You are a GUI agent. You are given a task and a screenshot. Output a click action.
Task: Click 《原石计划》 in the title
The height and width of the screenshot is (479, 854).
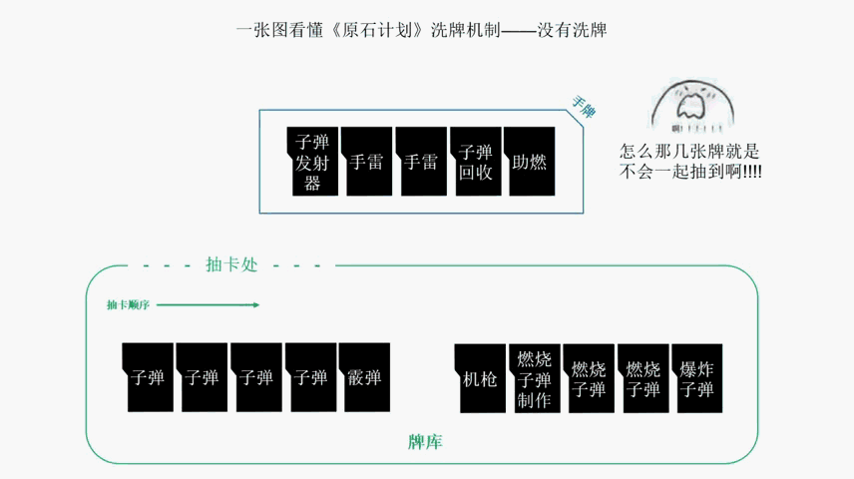[x=377, y=30]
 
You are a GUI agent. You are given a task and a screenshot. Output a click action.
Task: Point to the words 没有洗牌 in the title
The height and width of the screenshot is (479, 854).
[x=572, y=30]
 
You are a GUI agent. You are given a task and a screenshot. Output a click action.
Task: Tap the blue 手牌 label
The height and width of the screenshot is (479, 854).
[x=584, y=107]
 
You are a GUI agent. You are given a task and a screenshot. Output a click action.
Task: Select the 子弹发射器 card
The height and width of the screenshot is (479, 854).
[x=312, y=162]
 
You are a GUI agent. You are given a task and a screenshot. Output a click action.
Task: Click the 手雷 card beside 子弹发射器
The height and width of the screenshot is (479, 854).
[x=366, y=162]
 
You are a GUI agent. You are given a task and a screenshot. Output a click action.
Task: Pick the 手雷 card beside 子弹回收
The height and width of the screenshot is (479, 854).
[x=421, y=162]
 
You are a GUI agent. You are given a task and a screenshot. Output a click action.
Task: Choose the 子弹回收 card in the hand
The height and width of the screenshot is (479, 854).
[x=476, y=162]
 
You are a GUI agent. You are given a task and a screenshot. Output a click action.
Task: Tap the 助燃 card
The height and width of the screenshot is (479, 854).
[x=530, y=162]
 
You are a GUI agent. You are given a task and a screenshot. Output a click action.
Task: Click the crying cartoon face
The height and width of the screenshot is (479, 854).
[x=692, y=106]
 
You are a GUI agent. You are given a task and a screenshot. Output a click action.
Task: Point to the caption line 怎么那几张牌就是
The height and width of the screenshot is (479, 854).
[x=689, y=151]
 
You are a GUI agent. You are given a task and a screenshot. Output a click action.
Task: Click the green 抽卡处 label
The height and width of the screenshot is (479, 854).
[x=231, y=264]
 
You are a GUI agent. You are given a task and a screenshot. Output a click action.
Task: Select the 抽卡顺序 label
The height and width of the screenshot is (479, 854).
[x=128, y=304]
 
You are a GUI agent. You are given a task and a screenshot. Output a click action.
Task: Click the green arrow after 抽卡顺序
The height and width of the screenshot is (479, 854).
[x=209, y=304]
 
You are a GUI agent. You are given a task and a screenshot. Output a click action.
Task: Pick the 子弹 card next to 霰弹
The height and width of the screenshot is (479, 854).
[x=311, y=377]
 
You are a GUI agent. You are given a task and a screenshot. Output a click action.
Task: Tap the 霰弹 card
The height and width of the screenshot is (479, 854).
[x=364, y=377]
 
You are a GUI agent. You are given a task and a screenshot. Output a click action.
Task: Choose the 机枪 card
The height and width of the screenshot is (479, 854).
[x=480, y=378]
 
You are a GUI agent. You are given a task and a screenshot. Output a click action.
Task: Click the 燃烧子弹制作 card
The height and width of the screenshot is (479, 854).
[x=535, y=378]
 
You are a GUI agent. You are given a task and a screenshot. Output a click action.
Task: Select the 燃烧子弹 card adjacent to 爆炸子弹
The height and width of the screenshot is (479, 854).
[x=643, y=378]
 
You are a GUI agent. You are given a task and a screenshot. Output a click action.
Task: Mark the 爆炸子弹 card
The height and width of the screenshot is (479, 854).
[x=697, y=378]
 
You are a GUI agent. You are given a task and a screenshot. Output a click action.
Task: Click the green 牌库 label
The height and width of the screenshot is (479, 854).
[x=425, y=441]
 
